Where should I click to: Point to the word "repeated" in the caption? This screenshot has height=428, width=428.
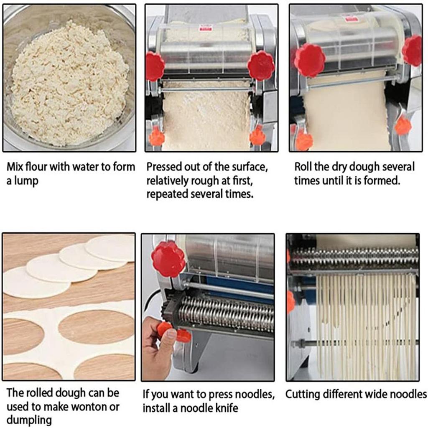coord(165,194)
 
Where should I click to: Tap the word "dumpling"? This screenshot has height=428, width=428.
coord(29,420)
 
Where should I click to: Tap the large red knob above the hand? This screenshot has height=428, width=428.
coord(168,259)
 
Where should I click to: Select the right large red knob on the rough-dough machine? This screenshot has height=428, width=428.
coord(261,66)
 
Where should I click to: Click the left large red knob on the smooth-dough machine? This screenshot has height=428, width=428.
coord(309,60)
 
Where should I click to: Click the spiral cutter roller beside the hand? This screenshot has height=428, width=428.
coord(226,313)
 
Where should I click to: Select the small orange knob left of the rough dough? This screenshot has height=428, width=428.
coord(157,137)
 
